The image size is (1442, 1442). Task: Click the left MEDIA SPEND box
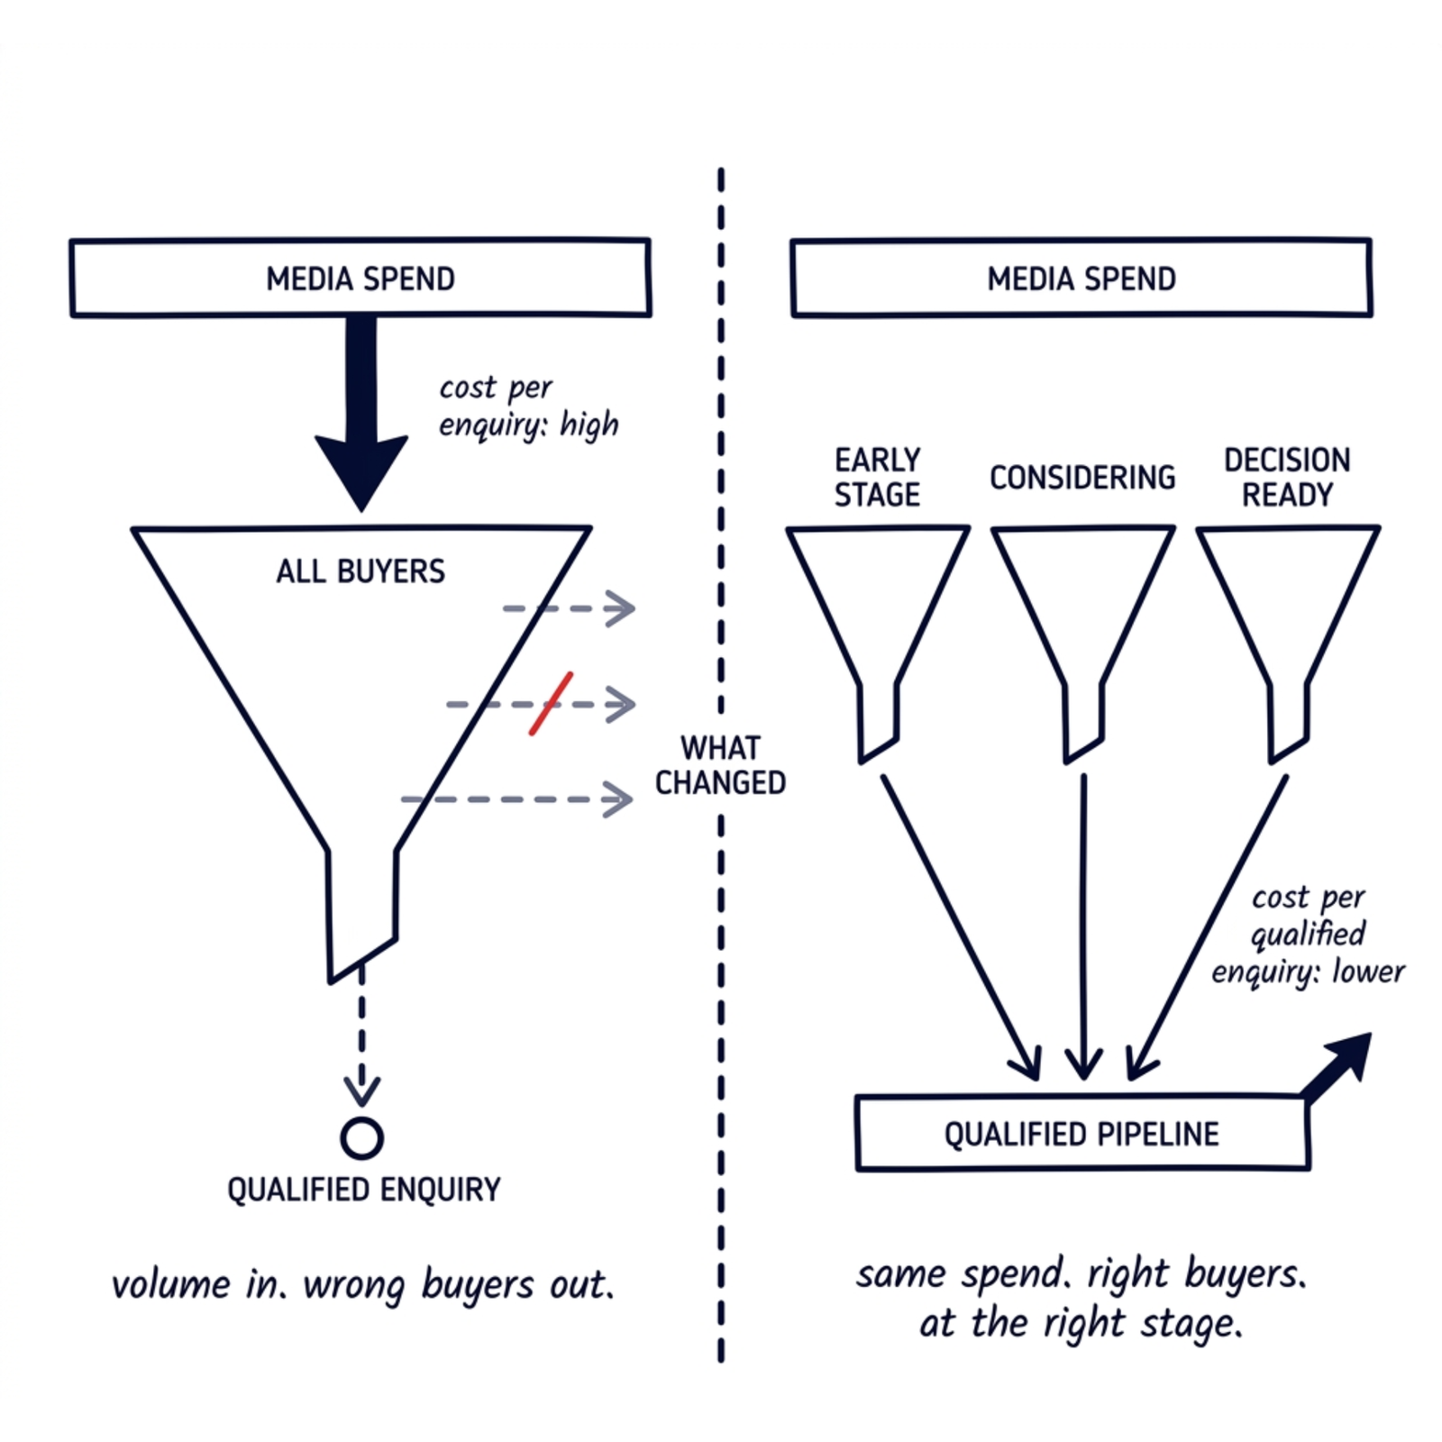(360, 278)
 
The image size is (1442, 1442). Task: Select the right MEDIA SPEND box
(1081, 278)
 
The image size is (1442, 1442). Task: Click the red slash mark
(551, 703)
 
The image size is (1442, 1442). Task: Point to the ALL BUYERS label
(360, 571)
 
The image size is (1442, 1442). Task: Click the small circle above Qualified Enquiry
(361, 1138)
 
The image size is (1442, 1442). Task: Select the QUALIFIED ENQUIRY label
(363, 1190)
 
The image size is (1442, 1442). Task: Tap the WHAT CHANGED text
(720, 765)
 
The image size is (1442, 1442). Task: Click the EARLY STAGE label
(877, 478)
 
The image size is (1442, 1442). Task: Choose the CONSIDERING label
(1082, 478)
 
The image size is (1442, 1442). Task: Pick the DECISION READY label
(1287, 478)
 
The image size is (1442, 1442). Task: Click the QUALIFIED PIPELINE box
(1081, 1133)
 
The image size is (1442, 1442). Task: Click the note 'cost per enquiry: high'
(528, 406)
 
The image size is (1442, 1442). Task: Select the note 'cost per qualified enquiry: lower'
(1308, 935)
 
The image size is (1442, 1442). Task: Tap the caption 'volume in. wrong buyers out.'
(362, 1285)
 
